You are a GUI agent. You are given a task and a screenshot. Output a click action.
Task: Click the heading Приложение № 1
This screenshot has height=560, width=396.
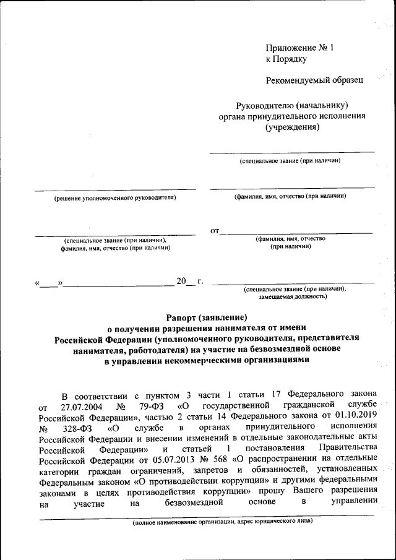(x=299, y=48)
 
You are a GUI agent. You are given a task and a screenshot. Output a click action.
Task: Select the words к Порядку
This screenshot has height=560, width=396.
(x=286, y=59)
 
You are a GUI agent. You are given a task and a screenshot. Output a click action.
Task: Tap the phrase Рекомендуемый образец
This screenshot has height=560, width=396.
(x=314, y=80)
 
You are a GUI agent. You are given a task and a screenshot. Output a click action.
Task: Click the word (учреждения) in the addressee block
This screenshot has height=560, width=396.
(x=292, y=127)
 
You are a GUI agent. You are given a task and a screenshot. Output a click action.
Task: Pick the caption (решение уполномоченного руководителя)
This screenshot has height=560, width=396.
(x=114, y=197)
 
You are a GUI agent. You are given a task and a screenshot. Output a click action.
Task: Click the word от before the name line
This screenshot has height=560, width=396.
(x=215, y=231)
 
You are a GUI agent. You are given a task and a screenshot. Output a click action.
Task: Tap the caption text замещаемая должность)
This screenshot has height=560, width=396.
(x=293, y=296)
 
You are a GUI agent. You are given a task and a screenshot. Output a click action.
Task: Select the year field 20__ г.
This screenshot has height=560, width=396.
(x=190, y=282)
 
